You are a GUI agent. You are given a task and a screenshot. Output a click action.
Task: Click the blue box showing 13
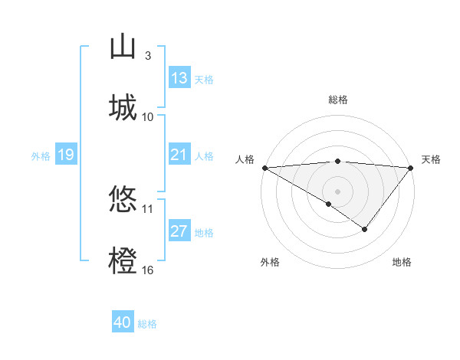[179, 78]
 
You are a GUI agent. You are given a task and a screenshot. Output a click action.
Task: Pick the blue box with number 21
[179, 155]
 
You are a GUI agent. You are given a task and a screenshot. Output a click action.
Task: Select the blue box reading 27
[179, 231]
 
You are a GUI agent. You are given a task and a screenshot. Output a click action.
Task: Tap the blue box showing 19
[65, 155]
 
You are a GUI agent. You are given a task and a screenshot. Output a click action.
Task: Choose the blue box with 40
[123, 322]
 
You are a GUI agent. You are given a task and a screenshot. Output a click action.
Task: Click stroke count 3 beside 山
[148, 55]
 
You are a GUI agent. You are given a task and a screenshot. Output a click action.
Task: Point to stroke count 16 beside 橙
[148, 270]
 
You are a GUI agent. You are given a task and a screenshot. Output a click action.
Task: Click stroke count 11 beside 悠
[148, 208]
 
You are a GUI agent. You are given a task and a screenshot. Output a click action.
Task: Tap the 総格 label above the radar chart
[338, 100]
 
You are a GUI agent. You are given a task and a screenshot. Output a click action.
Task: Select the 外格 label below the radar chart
[270, 262]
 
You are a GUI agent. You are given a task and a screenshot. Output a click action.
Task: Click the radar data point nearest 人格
[264, 168]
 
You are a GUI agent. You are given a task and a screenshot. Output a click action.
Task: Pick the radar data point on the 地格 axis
[365, 229]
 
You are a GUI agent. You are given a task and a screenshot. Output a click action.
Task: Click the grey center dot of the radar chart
[338, 191]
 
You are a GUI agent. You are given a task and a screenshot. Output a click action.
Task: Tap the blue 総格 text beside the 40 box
[147, 324]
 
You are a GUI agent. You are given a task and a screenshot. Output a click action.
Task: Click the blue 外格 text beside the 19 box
[41, 156]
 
